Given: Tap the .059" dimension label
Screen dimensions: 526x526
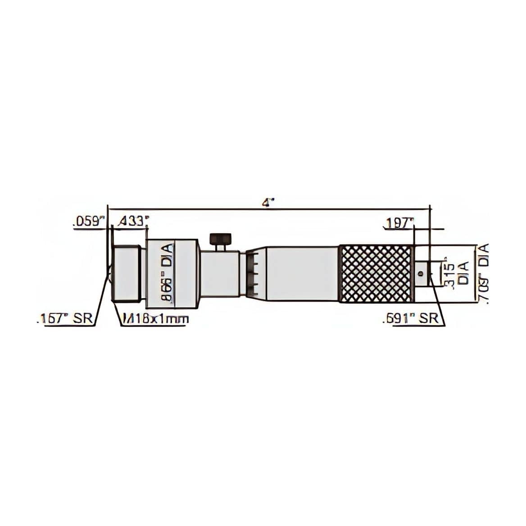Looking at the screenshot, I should click(x=88, y=222).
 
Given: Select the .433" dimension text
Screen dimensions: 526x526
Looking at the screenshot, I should click(x=132, y=221).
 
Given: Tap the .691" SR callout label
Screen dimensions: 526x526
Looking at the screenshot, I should click(x=410, y=319).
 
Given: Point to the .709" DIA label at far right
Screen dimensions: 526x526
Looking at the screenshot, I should click(x=483, y=275).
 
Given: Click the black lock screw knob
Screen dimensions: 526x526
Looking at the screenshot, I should click(x=220, y=238).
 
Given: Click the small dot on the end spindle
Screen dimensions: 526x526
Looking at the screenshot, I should click(x=419, y=273).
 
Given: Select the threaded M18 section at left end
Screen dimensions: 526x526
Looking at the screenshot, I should click(x=127, y=273).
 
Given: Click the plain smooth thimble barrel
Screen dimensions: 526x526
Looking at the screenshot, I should click(x=302, y=274).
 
